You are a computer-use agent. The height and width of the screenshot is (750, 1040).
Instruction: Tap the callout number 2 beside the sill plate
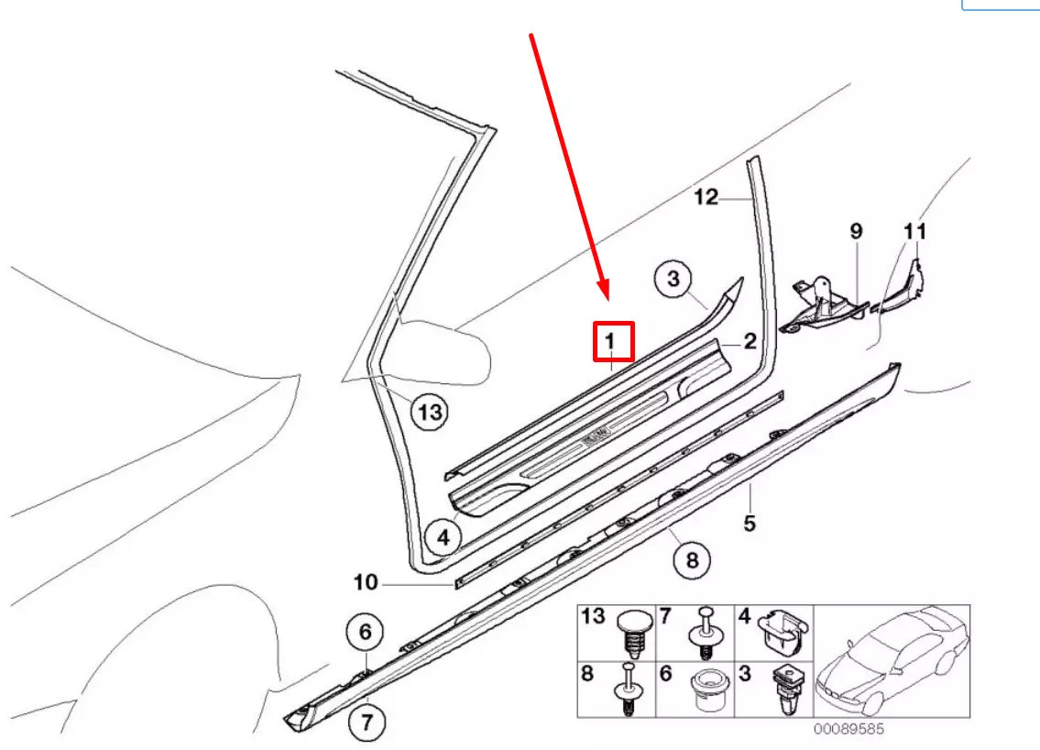(x=749, y=343)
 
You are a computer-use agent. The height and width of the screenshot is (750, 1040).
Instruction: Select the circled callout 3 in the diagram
(x=673, y=279)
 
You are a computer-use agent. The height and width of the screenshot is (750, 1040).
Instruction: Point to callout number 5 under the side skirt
(x=750, y=524)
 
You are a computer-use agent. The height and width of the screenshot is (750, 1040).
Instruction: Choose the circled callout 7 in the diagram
(x=367, y=722)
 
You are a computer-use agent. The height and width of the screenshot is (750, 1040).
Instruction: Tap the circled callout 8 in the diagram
(x=692, y=557)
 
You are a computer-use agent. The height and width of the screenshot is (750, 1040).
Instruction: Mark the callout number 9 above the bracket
(x=856, y=231)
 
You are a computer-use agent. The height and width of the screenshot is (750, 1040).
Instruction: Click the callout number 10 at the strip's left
(x=365, y=582)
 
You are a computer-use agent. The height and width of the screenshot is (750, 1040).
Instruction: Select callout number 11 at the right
(x=915, y=231)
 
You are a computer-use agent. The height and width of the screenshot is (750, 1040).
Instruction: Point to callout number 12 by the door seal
(x=706, y=197)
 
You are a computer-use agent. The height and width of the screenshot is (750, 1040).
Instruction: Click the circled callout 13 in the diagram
(x=429, y=413)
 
